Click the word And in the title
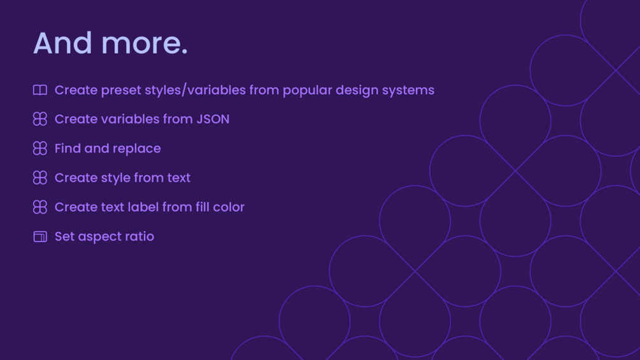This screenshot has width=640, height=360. (62, 43)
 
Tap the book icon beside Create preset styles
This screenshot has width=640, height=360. (40, 90)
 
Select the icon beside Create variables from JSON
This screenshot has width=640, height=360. (40, 119)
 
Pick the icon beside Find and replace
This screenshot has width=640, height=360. (40, 148)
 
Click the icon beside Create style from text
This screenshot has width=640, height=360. (40, 178)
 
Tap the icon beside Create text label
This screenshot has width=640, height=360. (40, 207)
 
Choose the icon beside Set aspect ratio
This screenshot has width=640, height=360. (40, 237)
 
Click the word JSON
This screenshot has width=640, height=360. (213, 119)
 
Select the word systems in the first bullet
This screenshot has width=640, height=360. (408, 90)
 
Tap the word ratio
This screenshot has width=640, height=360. (140, 236)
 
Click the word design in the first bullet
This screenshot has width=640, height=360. (357, 90)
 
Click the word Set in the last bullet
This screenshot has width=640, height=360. (64, 236)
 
